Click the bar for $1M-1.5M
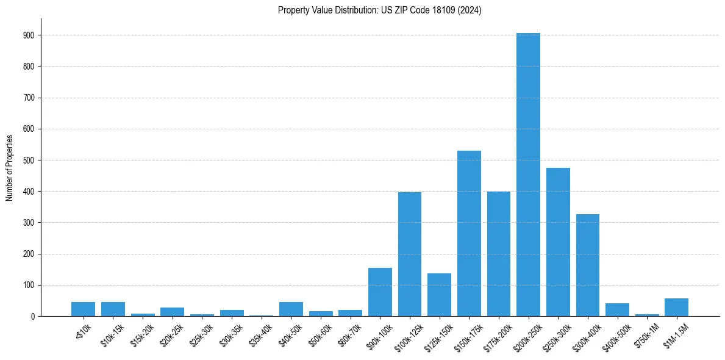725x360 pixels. coord(676,307)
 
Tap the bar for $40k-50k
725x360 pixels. coord(291,309)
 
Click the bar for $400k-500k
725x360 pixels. coord(617,309)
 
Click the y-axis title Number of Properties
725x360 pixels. coord(9,168)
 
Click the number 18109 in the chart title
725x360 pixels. coord(443,10)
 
